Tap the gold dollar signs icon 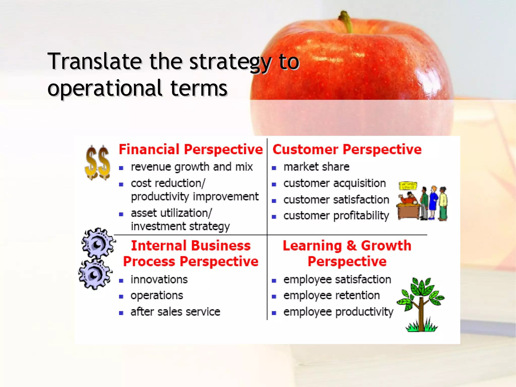point(97,163)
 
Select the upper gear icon point(98,243)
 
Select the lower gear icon point(95,274)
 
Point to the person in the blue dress point(433,202)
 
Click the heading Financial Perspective point(191,149)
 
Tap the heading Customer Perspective point(347,149)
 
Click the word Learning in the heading point(312,245)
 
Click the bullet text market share point(316,167)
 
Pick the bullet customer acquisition point(334,183)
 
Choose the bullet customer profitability point(336,216)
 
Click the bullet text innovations point(159,279)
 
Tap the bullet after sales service point(175,312)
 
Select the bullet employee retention point(331,295)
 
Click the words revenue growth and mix point(191,167)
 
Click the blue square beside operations point(121,297)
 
